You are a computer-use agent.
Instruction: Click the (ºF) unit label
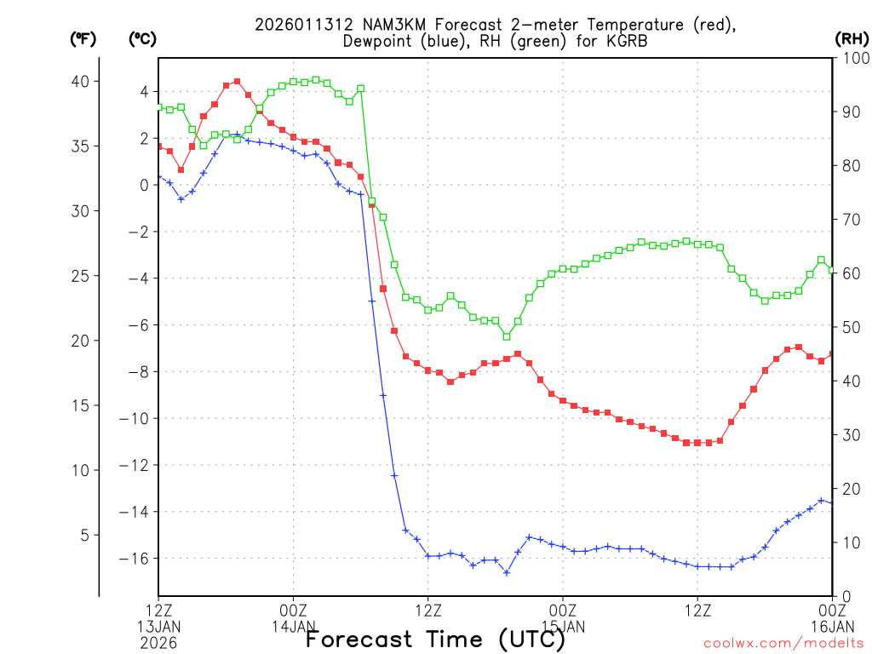(83, 38)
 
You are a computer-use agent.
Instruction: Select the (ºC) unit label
(141, 38)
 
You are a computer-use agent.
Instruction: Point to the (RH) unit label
(851, 38)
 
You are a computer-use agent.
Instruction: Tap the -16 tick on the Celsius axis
(140, 559)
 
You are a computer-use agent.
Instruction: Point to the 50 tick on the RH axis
(849, 327)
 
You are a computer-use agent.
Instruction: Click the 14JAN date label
(294, 627)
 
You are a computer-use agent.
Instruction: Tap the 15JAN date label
(563, 627)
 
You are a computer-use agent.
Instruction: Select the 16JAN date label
(832, 627)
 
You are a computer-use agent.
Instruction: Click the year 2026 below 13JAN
(158, 643)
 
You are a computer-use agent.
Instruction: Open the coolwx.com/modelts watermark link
(783, 643)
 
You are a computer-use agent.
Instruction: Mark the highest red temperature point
(237, 82)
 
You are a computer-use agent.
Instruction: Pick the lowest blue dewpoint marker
(507, 572)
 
